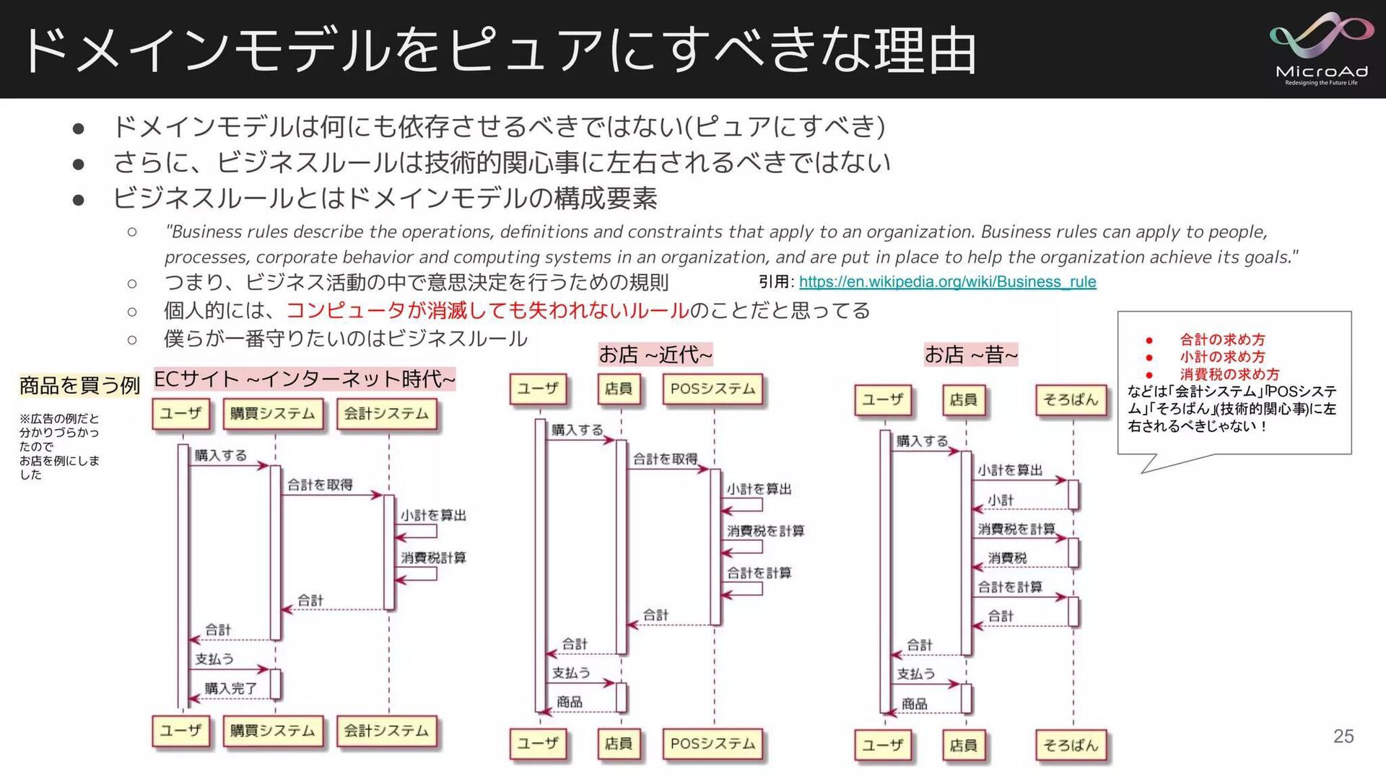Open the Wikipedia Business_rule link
tap(947, 282)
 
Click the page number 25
tap(1343, 736)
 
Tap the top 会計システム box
tap(386, 414)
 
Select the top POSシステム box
tap(712, 389)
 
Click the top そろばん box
tap(1071, 400)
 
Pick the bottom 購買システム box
tap(272, 731)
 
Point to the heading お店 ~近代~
tap(655, 354)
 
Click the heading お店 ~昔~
tap(971, 354)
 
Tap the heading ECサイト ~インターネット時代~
tap(305, 379)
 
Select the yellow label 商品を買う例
tap(79, 385)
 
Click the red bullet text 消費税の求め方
tap(1229, 374)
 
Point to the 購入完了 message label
tap(230, 688)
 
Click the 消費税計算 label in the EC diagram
tap(433, 558)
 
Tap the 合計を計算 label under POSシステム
tap(759, 573)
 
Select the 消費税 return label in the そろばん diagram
tap(1007, 558)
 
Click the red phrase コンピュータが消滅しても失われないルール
tap(488, 310)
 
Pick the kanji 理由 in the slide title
tap(925, 50)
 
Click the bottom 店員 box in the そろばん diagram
tap(963, 745)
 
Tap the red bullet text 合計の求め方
tap(1222, 340)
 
